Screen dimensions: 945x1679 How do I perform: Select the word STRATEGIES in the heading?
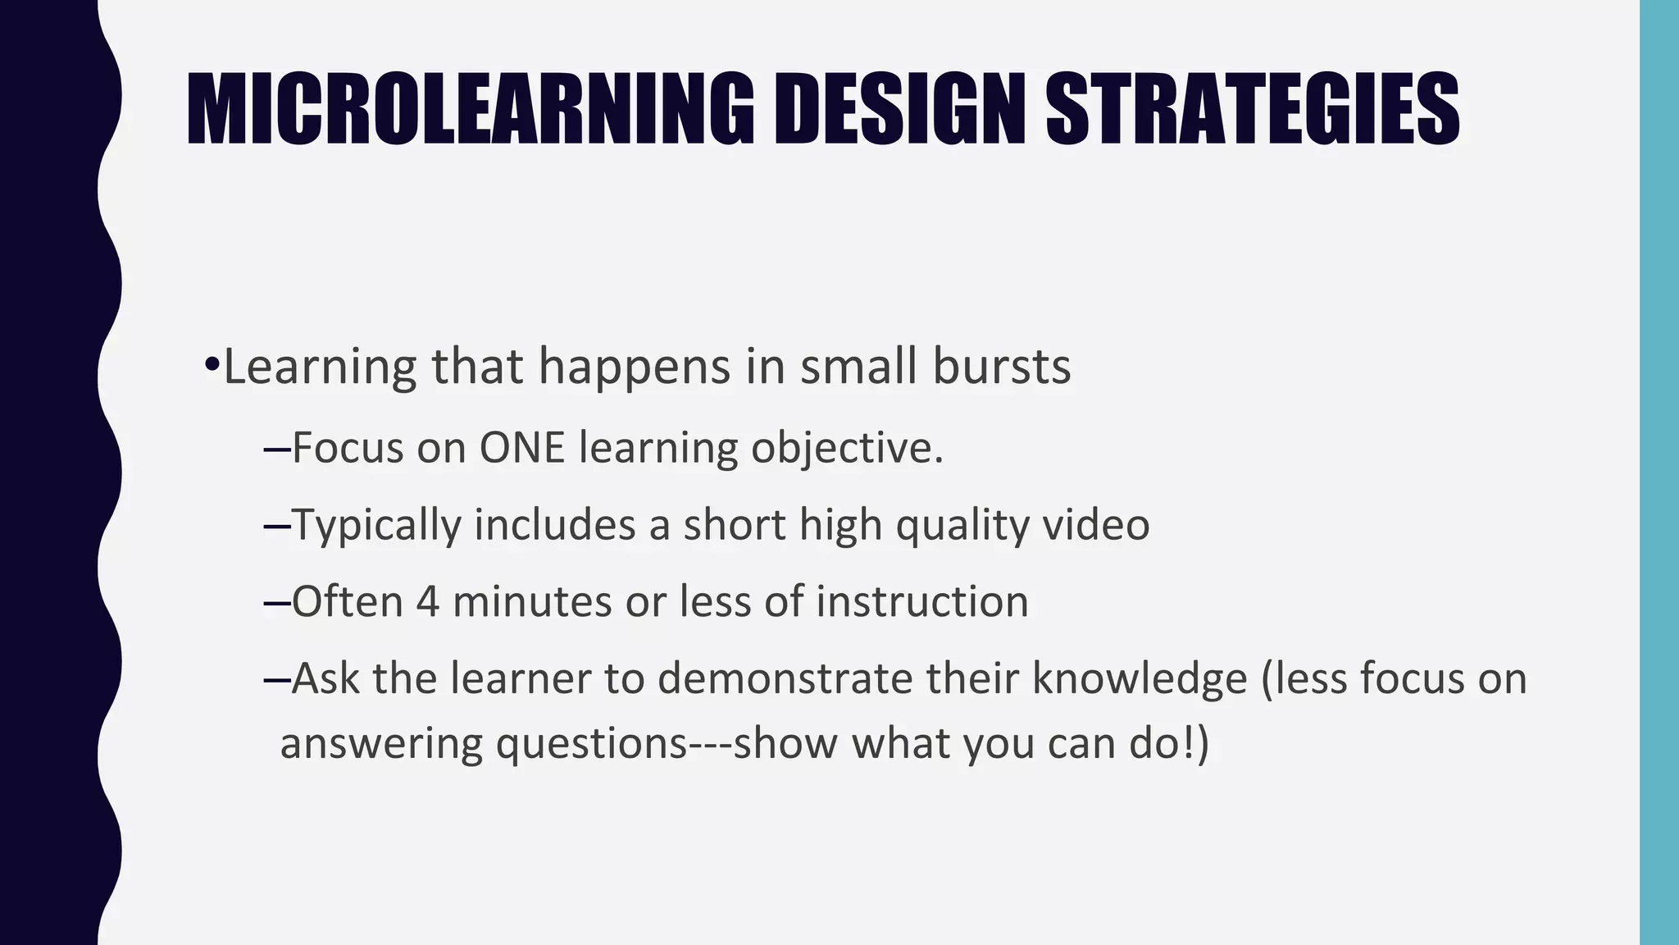[1252, 110]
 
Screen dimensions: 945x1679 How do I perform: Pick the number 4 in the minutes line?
[427, 601]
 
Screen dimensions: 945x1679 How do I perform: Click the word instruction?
[921, 601]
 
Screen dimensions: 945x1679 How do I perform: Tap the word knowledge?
[1139, 678]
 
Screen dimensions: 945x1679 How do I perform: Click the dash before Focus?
[277, 449]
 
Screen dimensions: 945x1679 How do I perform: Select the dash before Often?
[277, 602]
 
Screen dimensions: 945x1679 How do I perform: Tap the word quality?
[962, 526]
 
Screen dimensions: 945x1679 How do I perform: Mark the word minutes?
[531, 601]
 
